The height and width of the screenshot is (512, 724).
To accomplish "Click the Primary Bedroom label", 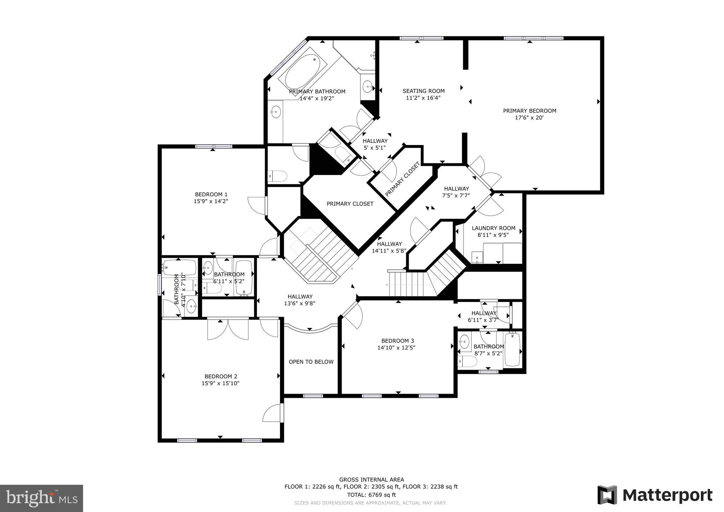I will click(x=529, y=111).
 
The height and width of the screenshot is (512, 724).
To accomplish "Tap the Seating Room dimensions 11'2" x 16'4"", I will click(x=423, y=98).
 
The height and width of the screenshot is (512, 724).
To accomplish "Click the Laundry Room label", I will click(x=493, y=228).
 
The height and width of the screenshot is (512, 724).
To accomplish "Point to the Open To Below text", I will click(x=311, y=362).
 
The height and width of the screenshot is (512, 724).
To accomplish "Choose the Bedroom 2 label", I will click(x=221, y=376).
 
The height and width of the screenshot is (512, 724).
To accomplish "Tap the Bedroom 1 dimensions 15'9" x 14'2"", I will click(x=211, y=201).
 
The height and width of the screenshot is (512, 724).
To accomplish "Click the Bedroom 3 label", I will click(x=397, y=341).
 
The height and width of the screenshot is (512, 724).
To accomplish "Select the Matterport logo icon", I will click(x=607, y=495).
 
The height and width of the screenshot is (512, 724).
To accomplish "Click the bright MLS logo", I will click(x=41, y=498).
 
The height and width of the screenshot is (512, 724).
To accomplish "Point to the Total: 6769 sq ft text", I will click(x=371, y=495).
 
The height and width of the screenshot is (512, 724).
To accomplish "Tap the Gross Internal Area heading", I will click(x=371, y=480).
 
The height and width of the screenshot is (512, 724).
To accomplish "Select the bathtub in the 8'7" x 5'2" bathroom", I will click(x=512, y=350).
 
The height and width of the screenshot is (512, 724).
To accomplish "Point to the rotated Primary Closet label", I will click(x=402, y=179).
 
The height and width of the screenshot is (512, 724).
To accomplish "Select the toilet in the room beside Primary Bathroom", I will click(x=278, y=176).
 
